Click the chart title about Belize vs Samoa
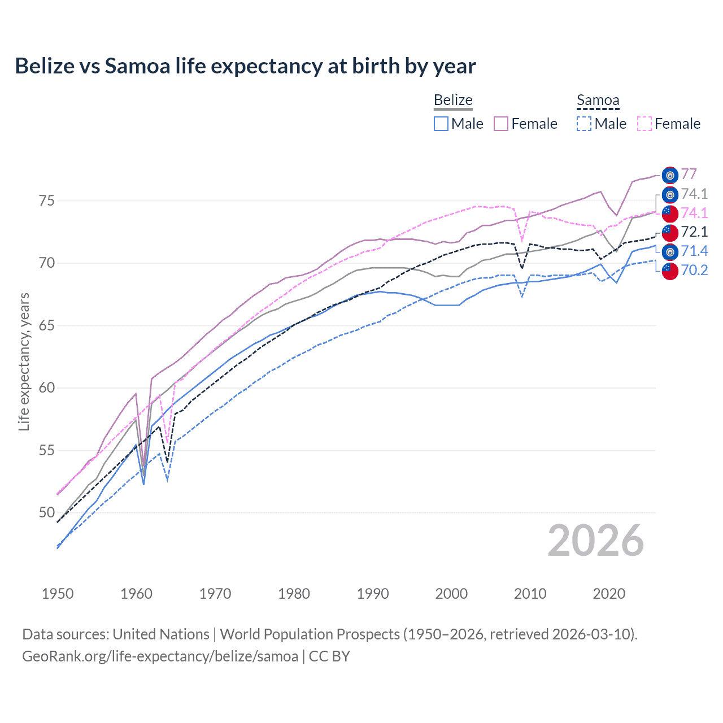click(x=245, y=66)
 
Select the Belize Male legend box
click(x=441, y=124)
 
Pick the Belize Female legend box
click(x=501, y=124)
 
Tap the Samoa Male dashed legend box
click(x=584, y=124)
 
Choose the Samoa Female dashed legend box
click(x=644, y=124)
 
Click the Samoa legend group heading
click(x=598, y=101)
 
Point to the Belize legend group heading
click(x=453, y=101)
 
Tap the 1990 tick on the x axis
click(x=373, y=594)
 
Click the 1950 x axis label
click(x=58, y=594)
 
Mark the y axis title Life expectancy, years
click(x=24, y=361)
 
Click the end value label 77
click(x=689, y=174)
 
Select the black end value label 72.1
click(x=694, y=232)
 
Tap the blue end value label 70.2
click(x=694, y=270)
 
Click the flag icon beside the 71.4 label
click(x=670, y=251)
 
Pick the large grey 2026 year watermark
click(x=596, y=541)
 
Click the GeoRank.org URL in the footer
click(x=160, y=656)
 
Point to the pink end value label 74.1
click(x=694, y=213)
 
